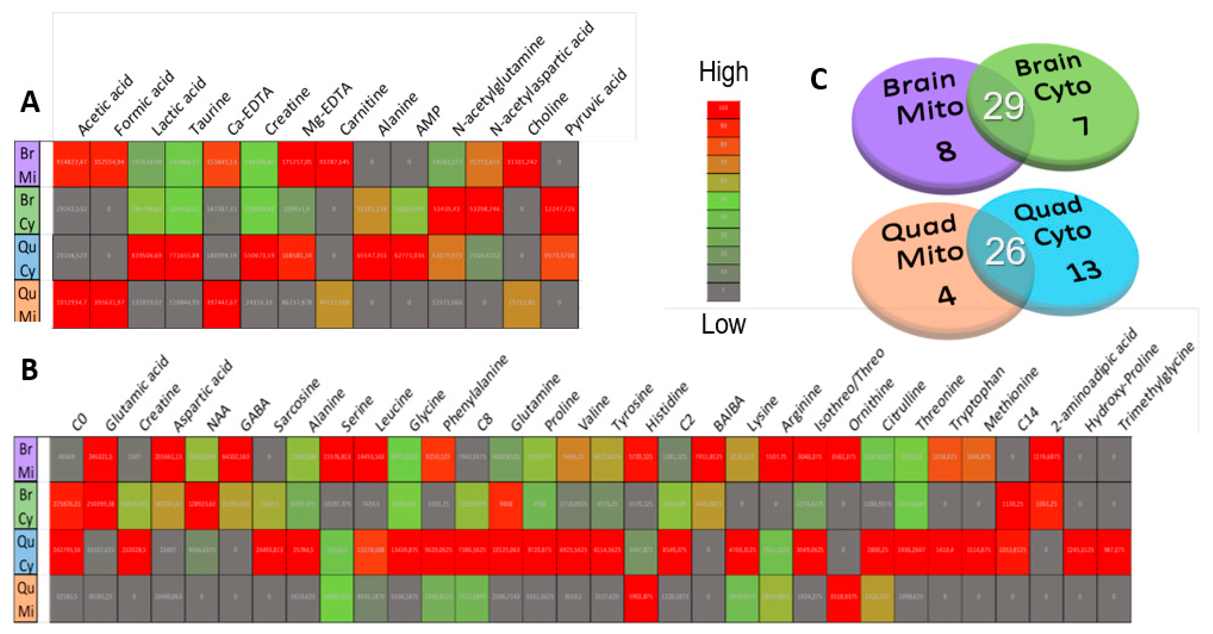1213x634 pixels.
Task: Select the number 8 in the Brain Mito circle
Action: pyautogui.click(x=946, y=151)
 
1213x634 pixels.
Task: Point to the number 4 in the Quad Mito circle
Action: pyautogui.click(x=946, y=296)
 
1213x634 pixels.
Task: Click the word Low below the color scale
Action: pyautogui.click(x=723, y=324)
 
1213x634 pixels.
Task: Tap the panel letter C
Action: pyautogui.click(x=818, y=80)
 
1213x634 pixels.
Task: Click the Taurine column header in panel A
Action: pyautogui.click(x=210, y=113)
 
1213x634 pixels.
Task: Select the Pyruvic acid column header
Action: pyautogui.click(x=596, y=101)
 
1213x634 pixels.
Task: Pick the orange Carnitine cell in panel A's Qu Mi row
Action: pyautogui.click(x=334, y=303)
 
